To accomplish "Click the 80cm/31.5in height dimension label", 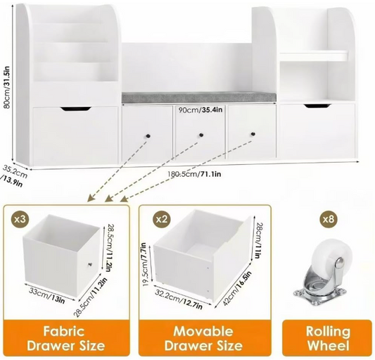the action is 7,87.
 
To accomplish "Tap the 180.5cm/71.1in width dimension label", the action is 194,173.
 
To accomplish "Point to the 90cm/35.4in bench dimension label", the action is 201,110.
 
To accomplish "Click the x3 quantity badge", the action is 20,218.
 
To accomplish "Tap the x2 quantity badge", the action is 161,219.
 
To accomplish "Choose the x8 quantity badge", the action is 329,219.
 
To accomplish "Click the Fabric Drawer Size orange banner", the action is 66,338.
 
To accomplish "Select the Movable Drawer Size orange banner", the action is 203,338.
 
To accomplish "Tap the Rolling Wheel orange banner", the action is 328,338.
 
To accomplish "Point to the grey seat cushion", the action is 198,97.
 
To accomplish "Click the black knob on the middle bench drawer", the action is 201,135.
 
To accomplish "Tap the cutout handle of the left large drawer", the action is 76,108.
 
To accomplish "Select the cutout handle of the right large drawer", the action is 317,106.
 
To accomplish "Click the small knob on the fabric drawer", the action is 90,264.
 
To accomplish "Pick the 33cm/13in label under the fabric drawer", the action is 47,295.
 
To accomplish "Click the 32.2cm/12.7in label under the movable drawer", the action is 179,299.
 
